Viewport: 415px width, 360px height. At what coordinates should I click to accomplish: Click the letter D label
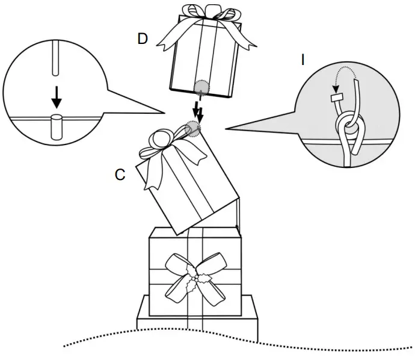click(143, 39)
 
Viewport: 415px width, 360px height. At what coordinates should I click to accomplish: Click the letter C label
click(120, 175)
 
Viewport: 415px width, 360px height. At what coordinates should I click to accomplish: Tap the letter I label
click(303, 60)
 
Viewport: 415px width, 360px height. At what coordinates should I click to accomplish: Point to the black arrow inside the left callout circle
click(56, 95)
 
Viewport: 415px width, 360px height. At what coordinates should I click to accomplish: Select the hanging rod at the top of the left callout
click(55, 57)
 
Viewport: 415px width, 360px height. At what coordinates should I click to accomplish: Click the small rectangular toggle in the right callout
click(337, 96)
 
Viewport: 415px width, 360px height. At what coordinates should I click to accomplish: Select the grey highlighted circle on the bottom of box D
click(200, 88)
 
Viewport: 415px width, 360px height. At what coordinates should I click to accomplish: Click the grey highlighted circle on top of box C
click(192, 128)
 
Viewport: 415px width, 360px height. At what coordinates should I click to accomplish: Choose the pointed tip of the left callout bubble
click(164, 112)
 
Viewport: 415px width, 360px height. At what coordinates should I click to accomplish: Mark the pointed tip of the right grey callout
click(227, 128)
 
